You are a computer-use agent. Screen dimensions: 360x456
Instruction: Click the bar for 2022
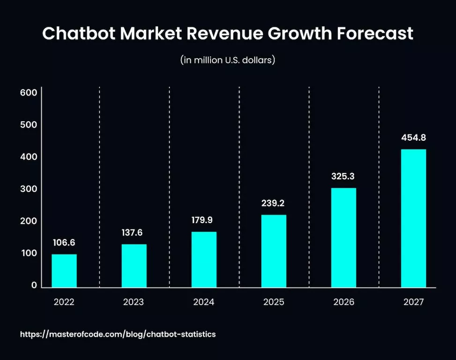pyautogui.click(x=64, y=270)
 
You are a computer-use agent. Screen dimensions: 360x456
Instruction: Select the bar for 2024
pyautogui.click(x=204, y=259)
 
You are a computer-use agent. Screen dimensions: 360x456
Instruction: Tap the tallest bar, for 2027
pyautogui.click(x=413, y=218)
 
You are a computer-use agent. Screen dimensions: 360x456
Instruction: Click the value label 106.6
pyautogui.click(x=64, y=242)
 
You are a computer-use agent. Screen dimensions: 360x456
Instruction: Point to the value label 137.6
pyautogui.click(x=134, y=232)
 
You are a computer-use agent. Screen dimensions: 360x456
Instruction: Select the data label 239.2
pyautogui.click(x=274, y=203)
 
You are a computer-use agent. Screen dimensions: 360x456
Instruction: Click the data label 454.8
pyautogui.click(x=413, y=138)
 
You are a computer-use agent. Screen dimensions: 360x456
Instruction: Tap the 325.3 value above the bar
pyautogui.click(x=344, y=177)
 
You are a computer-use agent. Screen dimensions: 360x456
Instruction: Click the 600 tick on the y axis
pyautogui.click(x=28, y=93)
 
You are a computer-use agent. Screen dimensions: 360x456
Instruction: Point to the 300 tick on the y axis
pyautogui.click(x=28, y=189)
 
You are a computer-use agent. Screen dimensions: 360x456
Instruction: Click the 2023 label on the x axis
pyautogui.click(x=134, y=302)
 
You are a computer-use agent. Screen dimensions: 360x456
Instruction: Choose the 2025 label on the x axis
pyautogui.click(x=274, y=302)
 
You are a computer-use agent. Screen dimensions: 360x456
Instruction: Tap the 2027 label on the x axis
pyautogui.click(x=413, y=302)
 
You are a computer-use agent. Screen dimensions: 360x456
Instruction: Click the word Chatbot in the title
pyautogui.click(x=81, y=34)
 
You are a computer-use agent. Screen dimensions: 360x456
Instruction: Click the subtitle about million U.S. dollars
pyautogui.click(x=227, y=60)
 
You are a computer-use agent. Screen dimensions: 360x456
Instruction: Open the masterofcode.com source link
pyautogui.click(x=118, y=334)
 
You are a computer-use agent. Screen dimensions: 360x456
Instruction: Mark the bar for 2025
pyautogui.click(x=274, y=251)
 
